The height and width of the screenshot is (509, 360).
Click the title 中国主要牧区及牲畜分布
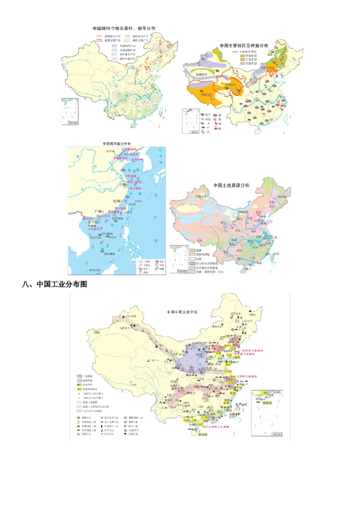(x=244, y=45)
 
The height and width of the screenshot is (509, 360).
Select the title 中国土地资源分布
(x=231, y=185)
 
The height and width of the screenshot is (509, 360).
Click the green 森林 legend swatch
(x=192, y=250)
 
